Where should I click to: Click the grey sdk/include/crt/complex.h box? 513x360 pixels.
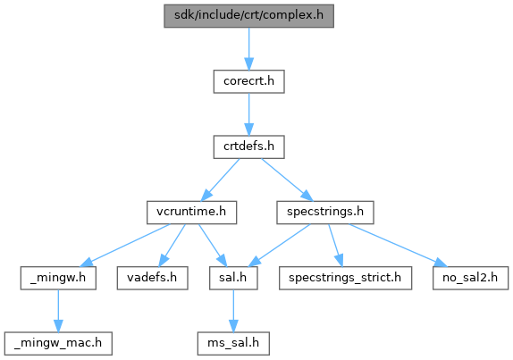coord(248,16)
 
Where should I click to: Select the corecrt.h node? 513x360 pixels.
coord(249,81)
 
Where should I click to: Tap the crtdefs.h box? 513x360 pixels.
coord(249,147)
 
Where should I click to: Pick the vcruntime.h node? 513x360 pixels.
coord(192,213)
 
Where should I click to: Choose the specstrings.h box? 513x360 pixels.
coord(325,213)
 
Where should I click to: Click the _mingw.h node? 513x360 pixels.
coord(58,278)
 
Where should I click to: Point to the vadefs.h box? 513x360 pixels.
coord(153,278)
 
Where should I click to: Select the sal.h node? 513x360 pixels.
coord(233,278)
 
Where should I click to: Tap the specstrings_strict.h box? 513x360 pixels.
coord(345,278)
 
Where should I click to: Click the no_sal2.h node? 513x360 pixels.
coord(470,278)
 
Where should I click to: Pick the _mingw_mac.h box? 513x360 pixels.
coord(58,344)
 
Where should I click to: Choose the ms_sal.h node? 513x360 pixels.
coord(233,344)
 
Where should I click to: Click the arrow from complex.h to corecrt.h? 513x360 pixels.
coord(249,49)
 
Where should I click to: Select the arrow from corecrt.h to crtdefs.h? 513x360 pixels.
coord(249,114)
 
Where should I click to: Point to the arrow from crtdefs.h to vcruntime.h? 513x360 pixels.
coord(220,180)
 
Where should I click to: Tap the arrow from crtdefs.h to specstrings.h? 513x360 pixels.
coord(287,180)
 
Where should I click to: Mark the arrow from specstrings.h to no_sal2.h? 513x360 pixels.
coord(398,246)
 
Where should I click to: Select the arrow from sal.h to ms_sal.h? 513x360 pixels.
coord(233,311)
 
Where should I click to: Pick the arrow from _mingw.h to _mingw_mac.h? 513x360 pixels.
coord(58,311)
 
